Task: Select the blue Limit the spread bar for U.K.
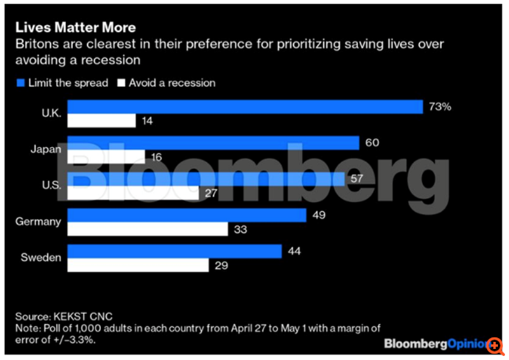[x=245, y=106]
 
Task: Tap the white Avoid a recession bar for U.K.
[x=101, y=120]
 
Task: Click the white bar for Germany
[x=148, y=228]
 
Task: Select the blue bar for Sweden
[x=174, y=251]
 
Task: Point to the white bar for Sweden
[x=138, y=265]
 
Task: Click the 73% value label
[x=440, y=106]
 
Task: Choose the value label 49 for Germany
[x=319, y=215]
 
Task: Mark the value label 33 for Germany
[x=241, y=228]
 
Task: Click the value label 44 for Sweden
[x=294, y=252]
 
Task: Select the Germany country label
[x=39, y=222]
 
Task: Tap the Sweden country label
[x=41, y=258]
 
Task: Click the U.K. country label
[x=51, y=113]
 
